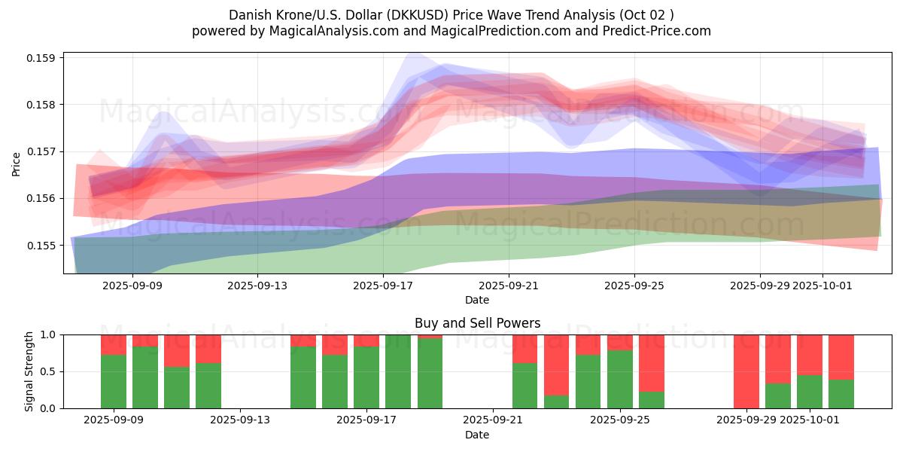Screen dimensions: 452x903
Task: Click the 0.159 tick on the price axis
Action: (x=43, y=58)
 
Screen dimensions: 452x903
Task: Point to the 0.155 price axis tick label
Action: (x=43, y=246)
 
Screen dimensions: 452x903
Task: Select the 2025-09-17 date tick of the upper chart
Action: (x=383, y=286)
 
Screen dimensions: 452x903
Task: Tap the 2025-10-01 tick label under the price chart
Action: (x=822, y=286)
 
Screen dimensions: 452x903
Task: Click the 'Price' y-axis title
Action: (x=17, y=164)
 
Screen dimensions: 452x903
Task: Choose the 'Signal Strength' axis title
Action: (x=29, y=371)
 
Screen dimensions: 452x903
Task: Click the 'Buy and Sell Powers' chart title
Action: (x=477, y=323)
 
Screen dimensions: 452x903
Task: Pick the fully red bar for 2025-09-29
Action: (x=746, y=371)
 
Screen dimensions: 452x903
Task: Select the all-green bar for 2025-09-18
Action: (x=398, y=371)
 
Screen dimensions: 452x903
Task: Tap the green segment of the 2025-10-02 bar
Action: (x=841, y=394)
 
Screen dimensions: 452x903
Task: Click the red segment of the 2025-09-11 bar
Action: (x=177, y=350)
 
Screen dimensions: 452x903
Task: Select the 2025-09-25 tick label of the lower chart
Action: (x=620, y=420)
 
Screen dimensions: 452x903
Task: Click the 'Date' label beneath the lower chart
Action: (x=477, y=435)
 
